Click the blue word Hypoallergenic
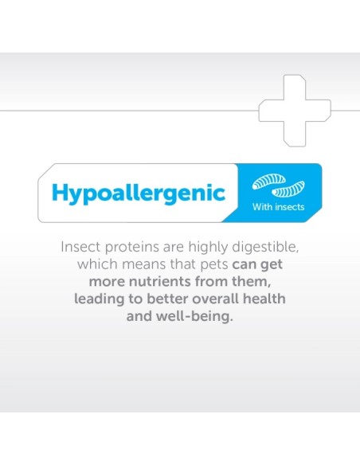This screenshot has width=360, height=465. (138, 193)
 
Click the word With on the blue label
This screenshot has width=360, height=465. (262, 208)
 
